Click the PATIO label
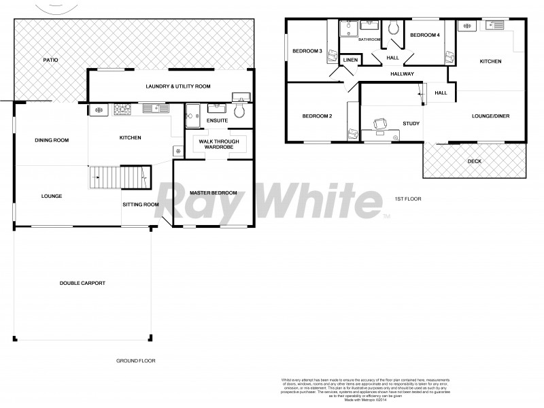pyautogui.click(x=50, y=61)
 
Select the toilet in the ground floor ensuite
pyautogui.click(x=239, y=113)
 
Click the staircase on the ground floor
pyautogui.click(x=119, y=177)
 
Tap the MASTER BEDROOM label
pyautogui.click(x=214, y=193)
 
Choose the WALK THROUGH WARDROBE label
pyautogui.click(x=214, y=144)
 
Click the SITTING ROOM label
pyautogui.click(x=141, y=204)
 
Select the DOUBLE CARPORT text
pyautogui.click(x=82, y=283)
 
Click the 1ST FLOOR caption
pyautogui.click(x=407, y=199)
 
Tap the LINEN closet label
pyautogui.click(x=351, y=61)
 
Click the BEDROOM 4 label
pyautogui.click(x=425, y=35)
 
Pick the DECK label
pyautogui.click(x=475, y=161)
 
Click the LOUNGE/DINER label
pyautogui.click(x=490, y=116)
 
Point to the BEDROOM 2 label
pyautogui.click(x=317, y=116)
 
